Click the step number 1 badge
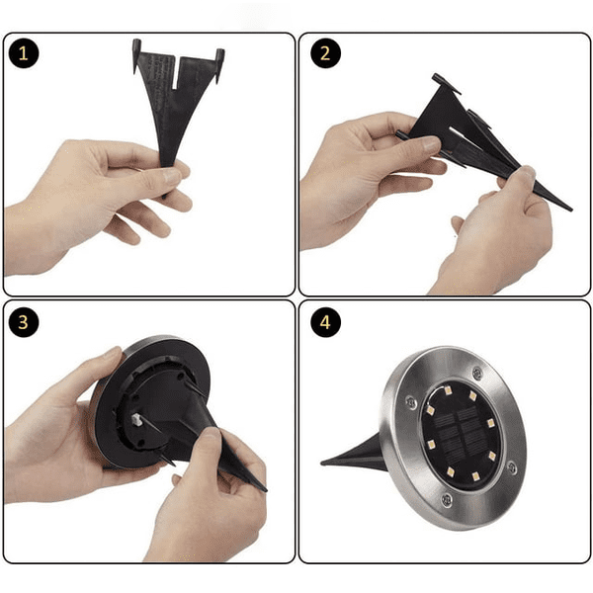pyautogui.click(x=24, y=53)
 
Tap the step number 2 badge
pyautogui.click(x=325, y=53)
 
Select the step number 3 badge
pyautogui.click(x=24, y=322)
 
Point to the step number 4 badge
pyautogui.click(x=325, y=322)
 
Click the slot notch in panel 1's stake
pyautogui.click(x=176, y=73)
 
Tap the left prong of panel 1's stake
pyautogui.click(x=136, y=55)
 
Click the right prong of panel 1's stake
pyautogui.click(x=219, y=65)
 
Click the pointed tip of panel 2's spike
pyautogui.click(x=571, y=210)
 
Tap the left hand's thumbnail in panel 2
pyautogui.click(x=430, y=142)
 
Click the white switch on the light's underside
pyautogui.click(x=136, y=420)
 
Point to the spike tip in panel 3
pyautogui.click(x=266, y=490)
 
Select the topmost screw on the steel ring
pyautogui.click(x=478, y=374)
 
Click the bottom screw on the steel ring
pyautogui.click(x=447, y=499)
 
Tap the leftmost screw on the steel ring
pyautogui.click(x=411, y=402)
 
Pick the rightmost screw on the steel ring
pyautogui.click(x=512, y=467)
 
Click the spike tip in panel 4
pyautogui.click(x=322, y=463)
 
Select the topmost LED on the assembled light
pyautogui.click(x=448, y=390)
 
